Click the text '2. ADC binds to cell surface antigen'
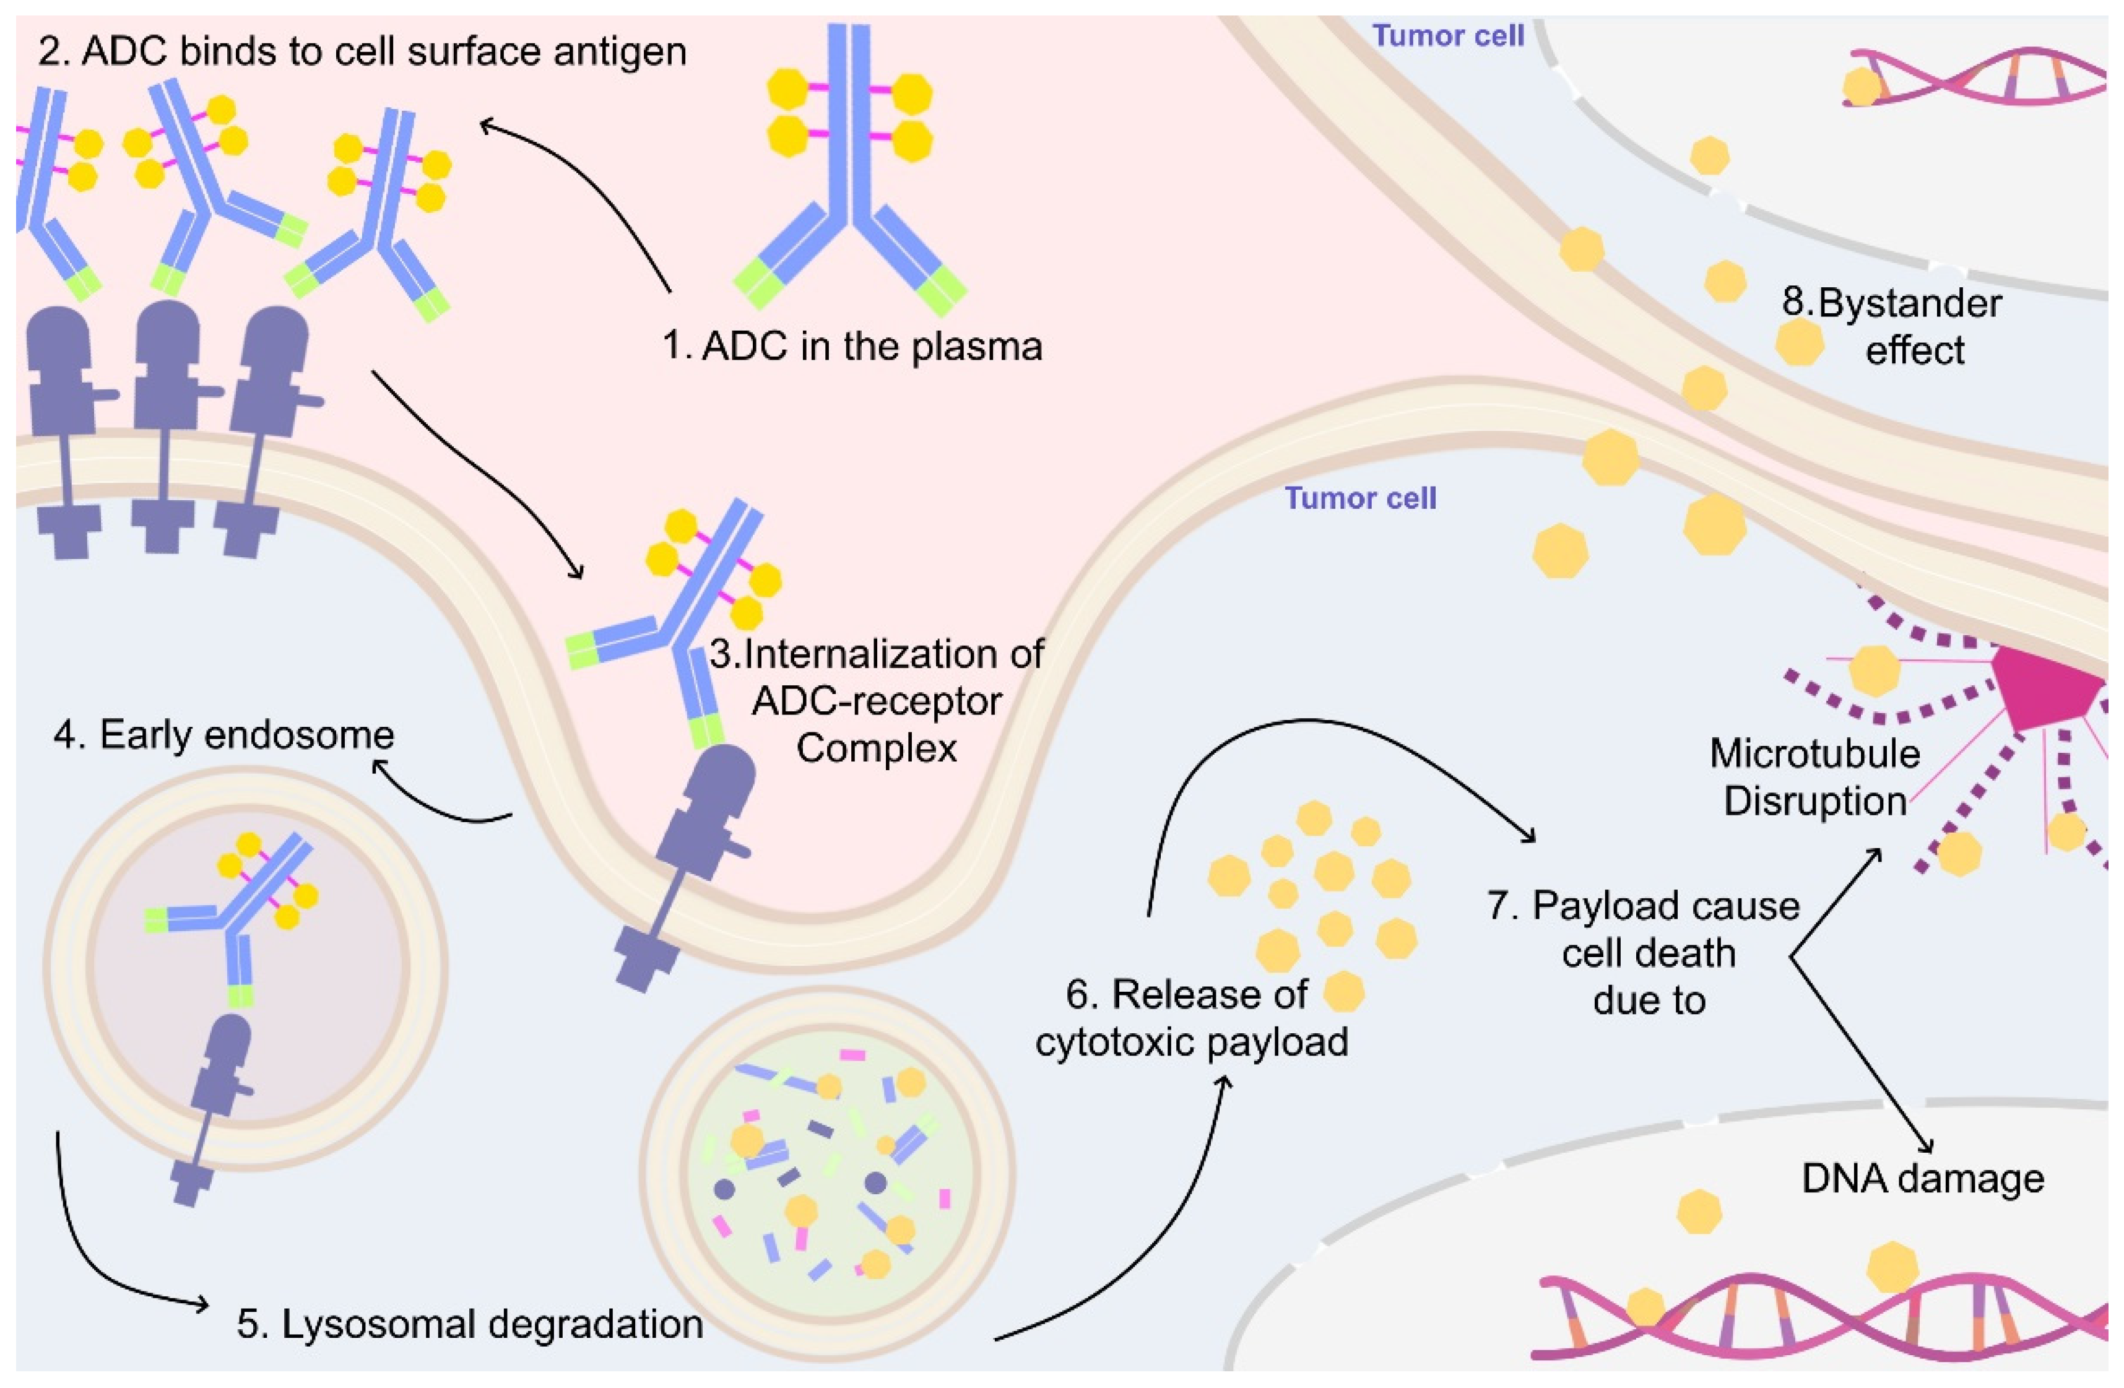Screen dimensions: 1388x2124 pyautogui.click(x=362, y=52)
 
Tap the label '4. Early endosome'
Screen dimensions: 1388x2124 pyautogui.click(x=223, y=735)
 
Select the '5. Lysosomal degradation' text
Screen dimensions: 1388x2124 pyautogui.click(x=469, y=1324)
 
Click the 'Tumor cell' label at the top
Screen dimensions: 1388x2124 pyautogui.click(x=1447, y=36)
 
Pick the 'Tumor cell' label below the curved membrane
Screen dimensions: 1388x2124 pyautogui.click(x=1360, y=498)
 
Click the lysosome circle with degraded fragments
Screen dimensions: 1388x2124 pyautogui.click(x=826, y=1171)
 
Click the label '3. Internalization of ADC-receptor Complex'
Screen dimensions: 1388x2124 pyautogui.click(x=877, y=701)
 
